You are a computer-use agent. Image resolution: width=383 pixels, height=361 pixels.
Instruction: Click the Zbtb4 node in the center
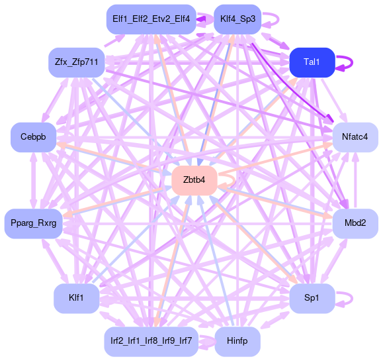(194, 180)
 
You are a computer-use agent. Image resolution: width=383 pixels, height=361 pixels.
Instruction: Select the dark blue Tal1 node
(312, 63)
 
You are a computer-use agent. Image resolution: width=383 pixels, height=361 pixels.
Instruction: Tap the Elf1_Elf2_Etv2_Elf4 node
(151, 19)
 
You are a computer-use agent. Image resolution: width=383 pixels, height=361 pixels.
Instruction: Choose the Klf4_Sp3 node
(237, 19)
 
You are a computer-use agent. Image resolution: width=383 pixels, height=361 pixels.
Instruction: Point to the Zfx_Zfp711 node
(77, 63)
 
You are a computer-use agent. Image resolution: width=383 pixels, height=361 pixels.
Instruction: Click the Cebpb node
(33, 137)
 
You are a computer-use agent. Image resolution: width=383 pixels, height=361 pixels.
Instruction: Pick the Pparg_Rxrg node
(34, 223)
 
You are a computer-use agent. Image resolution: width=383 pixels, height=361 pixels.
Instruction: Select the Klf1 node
(77, 298)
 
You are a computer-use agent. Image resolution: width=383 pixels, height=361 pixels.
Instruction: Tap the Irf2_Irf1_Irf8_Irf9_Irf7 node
(151, 341)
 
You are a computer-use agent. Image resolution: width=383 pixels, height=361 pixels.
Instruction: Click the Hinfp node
(237, 341)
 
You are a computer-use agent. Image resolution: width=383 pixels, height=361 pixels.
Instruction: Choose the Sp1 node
(312, 298)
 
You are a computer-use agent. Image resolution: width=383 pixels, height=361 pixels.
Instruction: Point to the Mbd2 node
(355, 223)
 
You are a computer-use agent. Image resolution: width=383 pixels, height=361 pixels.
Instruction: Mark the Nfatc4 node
(355, 137)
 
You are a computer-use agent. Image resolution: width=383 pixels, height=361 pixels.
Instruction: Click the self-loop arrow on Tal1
(352, 63)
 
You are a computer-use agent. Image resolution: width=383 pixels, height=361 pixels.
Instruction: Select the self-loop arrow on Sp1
(352, 298)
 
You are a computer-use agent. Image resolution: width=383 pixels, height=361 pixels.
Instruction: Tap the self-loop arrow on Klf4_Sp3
(278, 19)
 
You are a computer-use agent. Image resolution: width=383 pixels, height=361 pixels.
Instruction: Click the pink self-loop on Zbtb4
(234, 180)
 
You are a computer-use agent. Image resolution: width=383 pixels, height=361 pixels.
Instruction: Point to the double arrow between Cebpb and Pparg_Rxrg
(34, 180)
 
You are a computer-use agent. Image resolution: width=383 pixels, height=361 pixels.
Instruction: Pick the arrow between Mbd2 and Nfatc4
(356, 180)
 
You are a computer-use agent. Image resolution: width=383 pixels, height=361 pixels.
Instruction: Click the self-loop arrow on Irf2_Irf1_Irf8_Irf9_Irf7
(208, 341)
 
